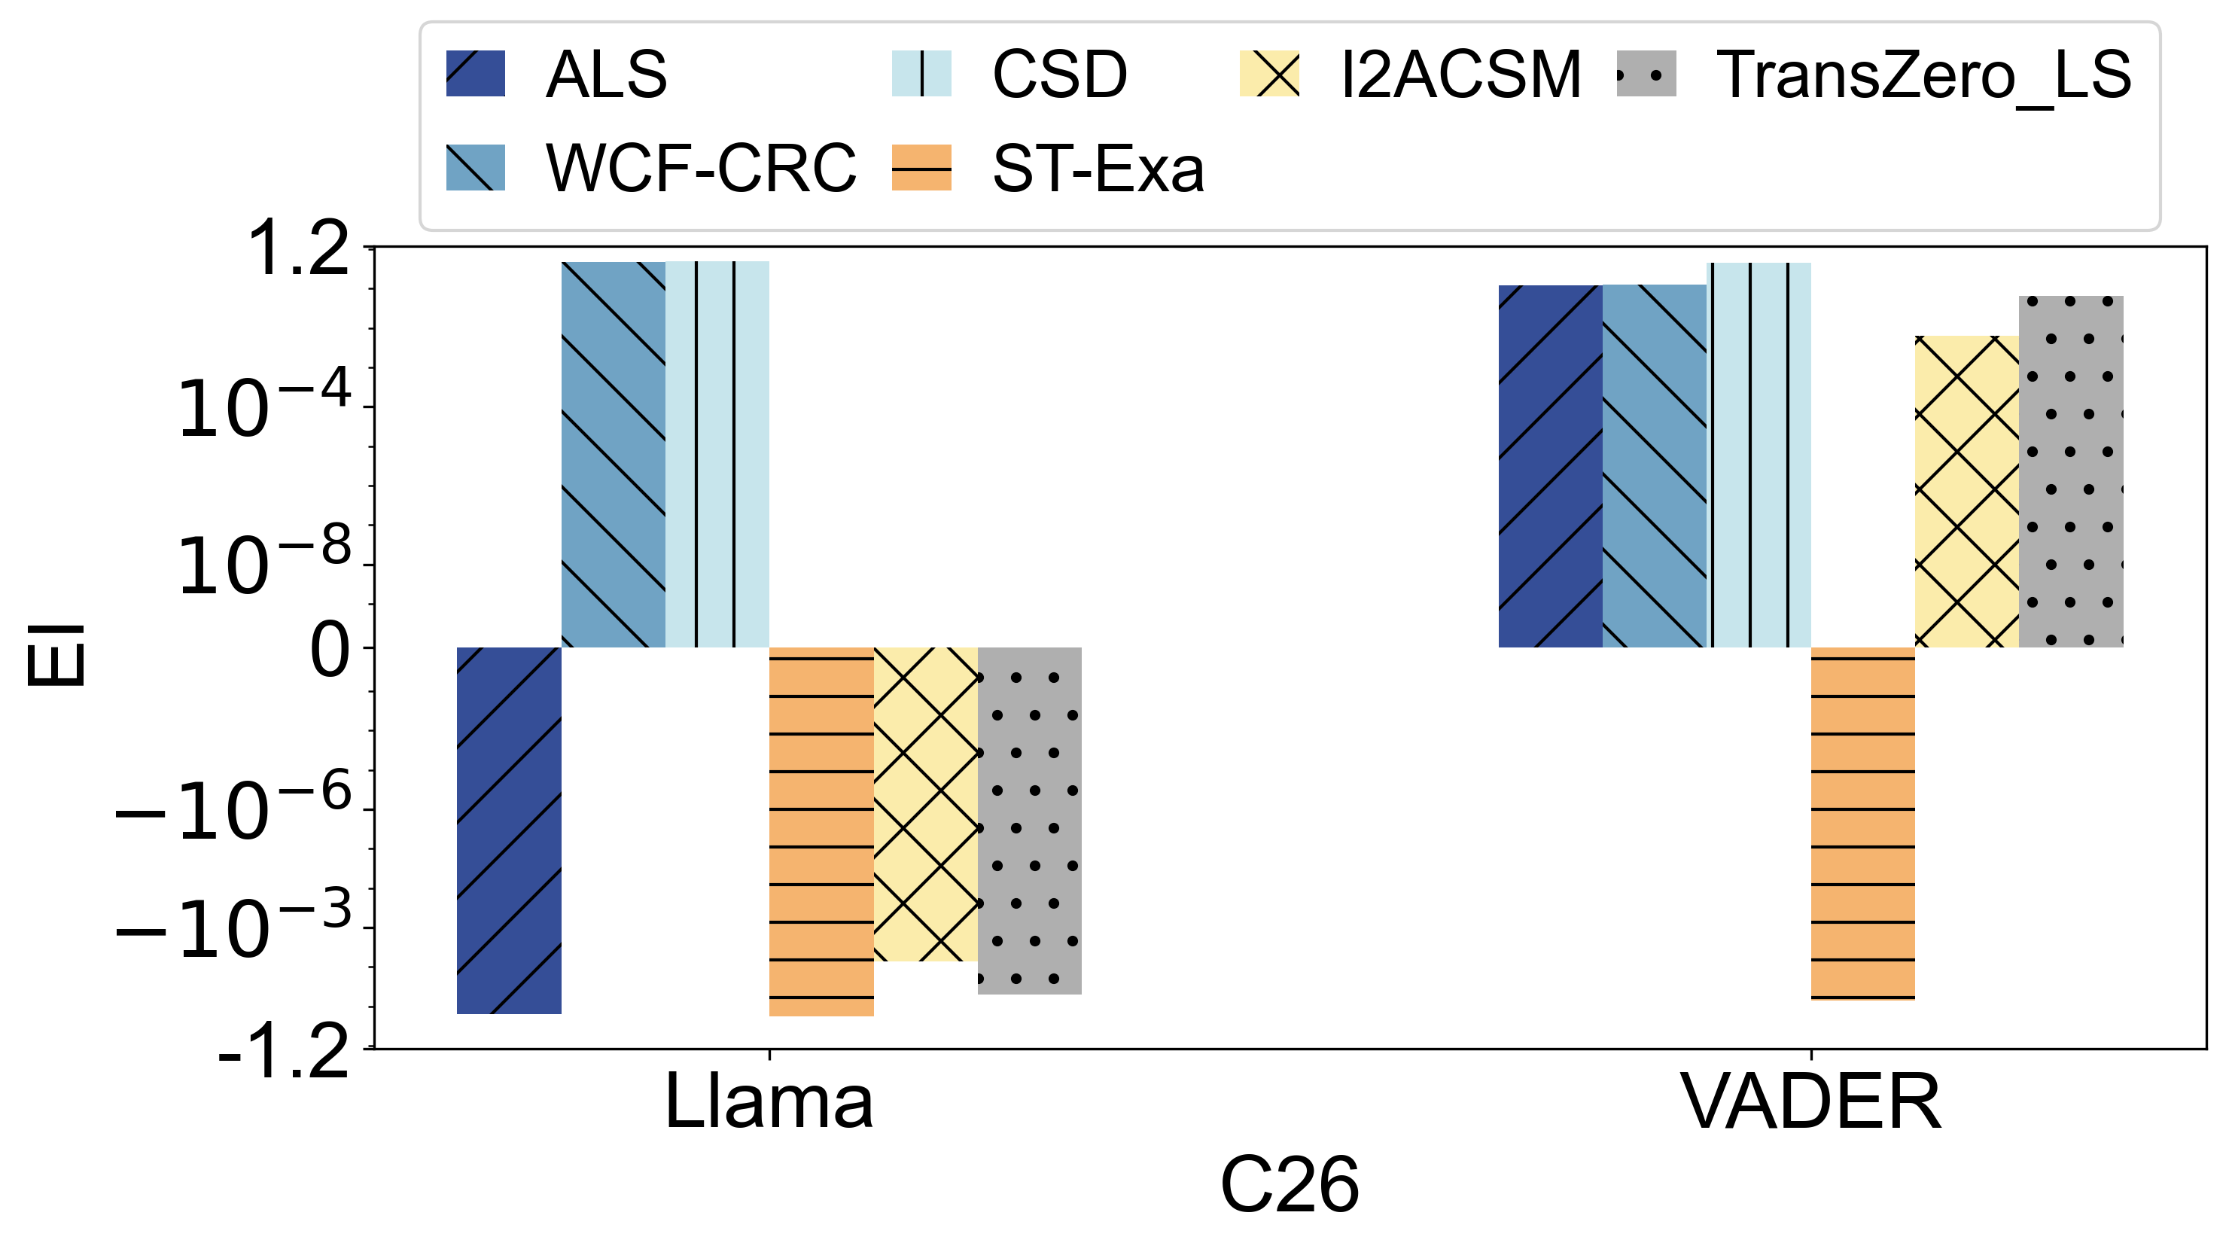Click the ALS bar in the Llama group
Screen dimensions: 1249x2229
click(509, 830)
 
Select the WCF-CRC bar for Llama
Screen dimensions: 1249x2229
click(614, 455)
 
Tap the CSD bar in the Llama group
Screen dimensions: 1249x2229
click(717, 455)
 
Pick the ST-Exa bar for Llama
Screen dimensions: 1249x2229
click(821, 831)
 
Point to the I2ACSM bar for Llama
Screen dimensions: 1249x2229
click(926, 804)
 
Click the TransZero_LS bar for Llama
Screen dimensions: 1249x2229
click(1030, 821)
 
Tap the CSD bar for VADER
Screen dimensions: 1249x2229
click(1759, 455)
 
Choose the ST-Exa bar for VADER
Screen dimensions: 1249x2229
click(1863, 823)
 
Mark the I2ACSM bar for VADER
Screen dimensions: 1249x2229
click(1967, 491)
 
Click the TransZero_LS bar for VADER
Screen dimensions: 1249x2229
click(2072, 472)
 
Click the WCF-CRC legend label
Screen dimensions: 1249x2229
click(701, 168)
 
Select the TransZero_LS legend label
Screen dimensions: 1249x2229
click(1923, 75)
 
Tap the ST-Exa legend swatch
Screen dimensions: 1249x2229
click(921, 168)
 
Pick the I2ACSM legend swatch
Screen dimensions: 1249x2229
click(1269, 75)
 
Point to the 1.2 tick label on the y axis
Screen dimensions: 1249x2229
click(299, 249)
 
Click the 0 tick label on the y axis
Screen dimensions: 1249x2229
click(330, 649)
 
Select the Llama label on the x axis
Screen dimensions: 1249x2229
click(769, 1102)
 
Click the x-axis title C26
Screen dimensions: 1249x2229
click(1290, 1186)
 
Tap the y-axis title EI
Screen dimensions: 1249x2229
click(56, 654)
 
